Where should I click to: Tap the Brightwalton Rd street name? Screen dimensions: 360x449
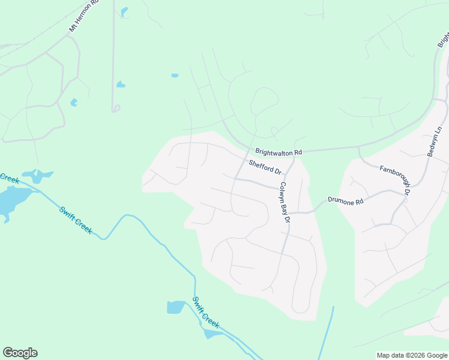click(x=278, y=152)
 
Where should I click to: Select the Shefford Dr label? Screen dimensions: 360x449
click(x=265, y=166)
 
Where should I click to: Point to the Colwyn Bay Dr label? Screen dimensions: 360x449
click(x=285, y=203)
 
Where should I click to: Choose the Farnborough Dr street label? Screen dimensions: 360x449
click(x=394, y=179)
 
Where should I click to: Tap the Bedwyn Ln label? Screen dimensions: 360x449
click(x=435, y=142)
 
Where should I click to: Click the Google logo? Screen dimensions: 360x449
click(x=20, y=353)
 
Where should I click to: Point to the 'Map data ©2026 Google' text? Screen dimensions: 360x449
click(x=412, y=355)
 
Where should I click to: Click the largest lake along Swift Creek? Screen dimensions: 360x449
click(x=12, y=199)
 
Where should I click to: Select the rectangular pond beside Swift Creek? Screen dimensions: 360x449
click(x=176, y=307)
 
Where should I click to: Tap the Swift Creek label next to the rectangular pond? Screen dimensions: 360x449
click(x=206, y=312)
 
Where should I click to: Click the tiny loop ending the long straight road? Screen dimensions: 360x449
click(x=116, y=109)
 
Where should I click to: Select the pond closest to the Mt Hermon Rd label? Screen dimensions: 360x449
click(x=124, y=11)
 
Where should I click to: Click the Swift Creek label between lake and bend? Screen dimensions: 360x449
click(x=76, y=220)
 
